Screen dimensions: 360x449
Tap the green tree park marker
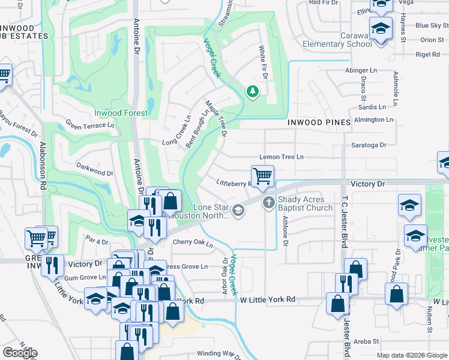coord(253,92)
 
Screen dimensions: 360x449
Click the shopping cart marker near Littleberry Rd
coord(262,176)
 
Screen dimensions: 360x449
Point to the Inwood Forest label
coord(121,112)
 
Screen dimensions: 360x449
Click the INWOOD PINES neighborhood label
coord(318,122)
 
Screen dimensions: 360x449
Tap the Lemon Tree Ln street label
coord(282,157)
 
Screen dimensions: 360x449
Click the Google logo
coord(20,353)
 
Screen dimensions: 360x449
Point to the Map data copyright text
coord(411,355)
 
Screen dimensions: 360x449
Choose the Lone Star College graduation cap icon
coord(238,210)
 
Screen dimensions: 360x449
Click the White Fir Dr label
coord(262,62)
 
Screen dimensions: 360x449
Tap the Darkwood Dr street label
coord(94,168)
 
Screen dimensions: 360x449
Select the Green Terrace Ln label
coord(90,125)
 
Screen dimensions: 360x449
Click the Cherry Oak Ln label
coord(193,244)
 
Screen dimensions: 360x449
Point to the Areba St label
coord(366,341)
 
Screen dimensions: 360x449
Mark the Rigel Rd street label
coord(428,55)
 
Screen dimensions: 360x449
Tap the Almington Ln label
coord(373,120)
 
